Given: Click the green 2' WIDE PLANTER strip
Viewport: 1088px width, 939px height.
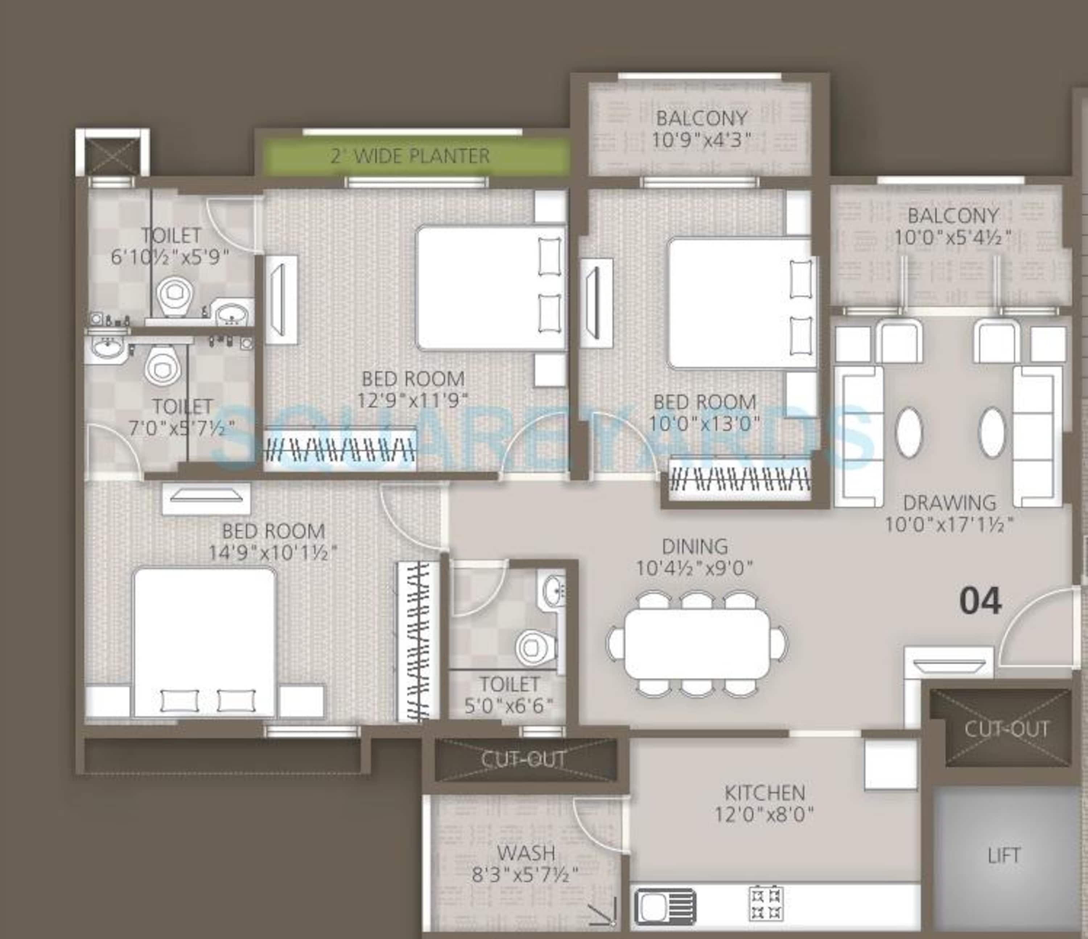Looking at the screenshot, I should [411, 156].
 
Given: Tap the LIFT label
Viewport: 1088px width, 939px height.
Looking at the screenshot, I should [1003, 856].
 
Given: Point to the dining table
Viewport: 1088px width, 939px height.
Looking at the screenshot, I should [697, 644].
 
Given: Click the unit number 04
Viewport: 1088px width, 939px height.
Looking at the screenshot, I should [980, 602].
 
